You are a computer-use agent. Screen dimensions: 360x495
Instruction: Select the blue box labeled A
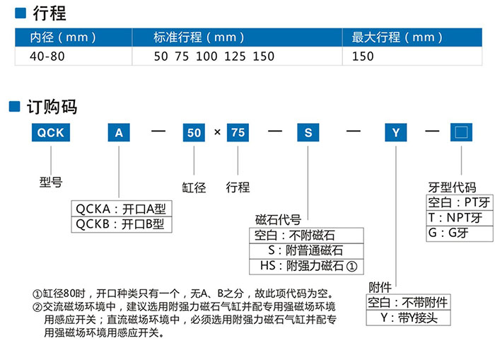[118, 132]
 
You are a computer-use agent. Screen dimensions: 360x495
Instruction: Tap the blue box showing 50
[194, 132]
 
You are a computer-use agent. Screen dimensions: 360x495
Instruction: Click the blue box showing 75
[238, 132]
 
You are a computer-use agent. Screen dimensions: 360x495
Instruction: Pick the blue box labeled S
[308, 132]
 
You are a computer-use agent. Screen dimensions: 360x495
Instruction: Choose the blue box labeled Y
[396, 132]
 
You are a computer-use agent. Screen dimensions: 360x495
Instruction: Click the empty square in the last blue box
[461, 132]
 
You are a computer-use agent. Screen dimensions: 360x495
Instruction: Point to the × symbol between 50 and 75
[217, 133]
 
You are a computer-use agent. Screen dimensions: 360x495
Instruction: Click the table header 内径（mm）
[63, 37]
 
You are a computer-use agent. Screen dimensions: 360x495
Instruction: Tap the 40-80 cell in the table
[45, 56]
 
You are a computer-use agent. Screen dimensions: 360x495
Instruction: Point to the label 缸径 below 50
[194, 187]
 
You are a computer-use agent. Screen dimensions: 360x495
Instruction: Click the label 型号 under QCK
[51, 182]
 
